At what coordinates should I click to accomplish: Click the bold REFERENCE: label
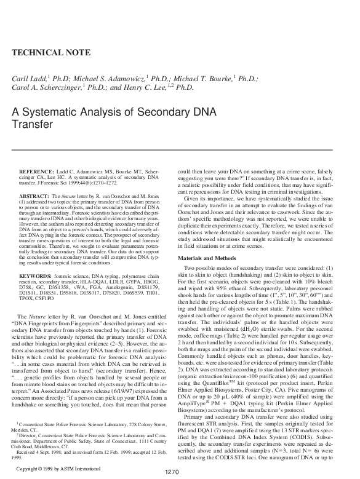[36, 170]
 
